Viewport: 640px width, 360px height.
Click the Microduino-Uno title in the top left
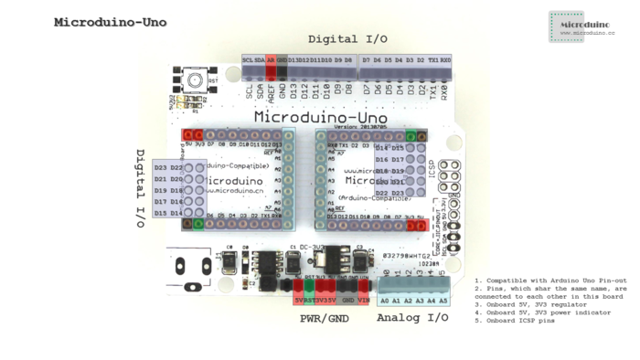coord(111,22)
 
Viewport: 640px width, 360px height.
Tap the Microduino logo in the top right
coord(581,27)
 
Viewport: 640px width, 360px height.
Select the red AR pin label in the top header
coord(272,60)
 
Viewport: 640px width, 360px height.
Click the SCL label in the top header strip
coord(248,60)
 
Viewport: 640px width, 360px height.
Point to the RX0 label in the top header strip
coord(445,60)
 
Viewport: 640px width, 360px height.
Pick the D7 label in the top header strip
coord(366,60)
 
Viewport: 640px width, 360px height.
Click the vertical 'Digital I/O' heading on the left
coord(141,188)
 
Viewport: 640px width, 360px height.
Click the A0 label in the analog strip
coord(385,300)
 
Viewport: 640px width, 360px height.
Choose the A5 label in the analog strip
coord(443,300)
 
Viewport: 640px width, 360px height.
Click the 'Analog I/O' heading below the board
coord(412,318)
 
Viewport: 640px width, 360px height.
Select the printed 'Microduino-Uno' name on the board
coord(321,116)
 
